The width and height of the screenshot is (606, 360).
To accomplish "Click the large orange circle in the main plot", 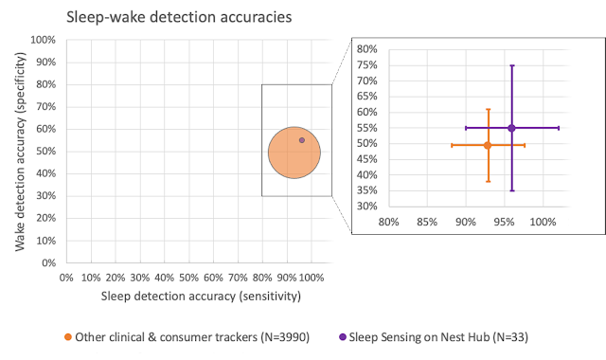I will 294,152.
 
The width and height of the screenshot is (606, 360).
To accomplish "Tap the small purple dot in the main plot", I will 302,140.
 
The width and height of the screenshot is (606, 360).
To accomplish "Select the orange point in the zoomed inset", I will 488,145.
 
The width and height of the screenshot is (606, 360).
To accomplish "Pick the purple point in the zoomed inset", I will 511,128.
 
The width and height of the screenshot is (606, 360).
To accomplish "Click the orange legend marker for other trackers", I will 67,336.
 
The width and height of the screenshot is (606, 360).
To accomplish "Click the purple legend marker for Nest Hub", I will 343,336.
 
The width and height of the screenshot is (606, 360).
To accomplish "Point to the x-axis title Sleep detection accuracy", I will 201,297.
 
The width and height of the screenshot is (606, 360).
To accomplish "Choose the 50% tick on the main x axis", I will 189,278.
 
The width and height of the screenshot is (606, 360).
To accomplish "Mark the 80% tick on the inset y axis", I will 366,49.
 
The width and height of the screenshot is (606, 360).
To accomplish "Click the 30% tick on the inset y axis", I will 366,206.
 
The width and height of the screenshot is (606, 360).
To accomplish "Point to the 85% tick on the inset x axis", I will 426,224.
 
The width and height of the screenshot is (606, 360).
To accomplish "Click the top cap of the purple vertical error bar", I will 511,65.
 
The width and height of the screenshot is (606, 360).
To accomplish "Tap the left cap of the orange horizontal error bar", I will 452,145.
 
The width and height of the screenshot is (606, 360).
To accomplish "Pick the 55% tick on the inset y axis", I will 366,128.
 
